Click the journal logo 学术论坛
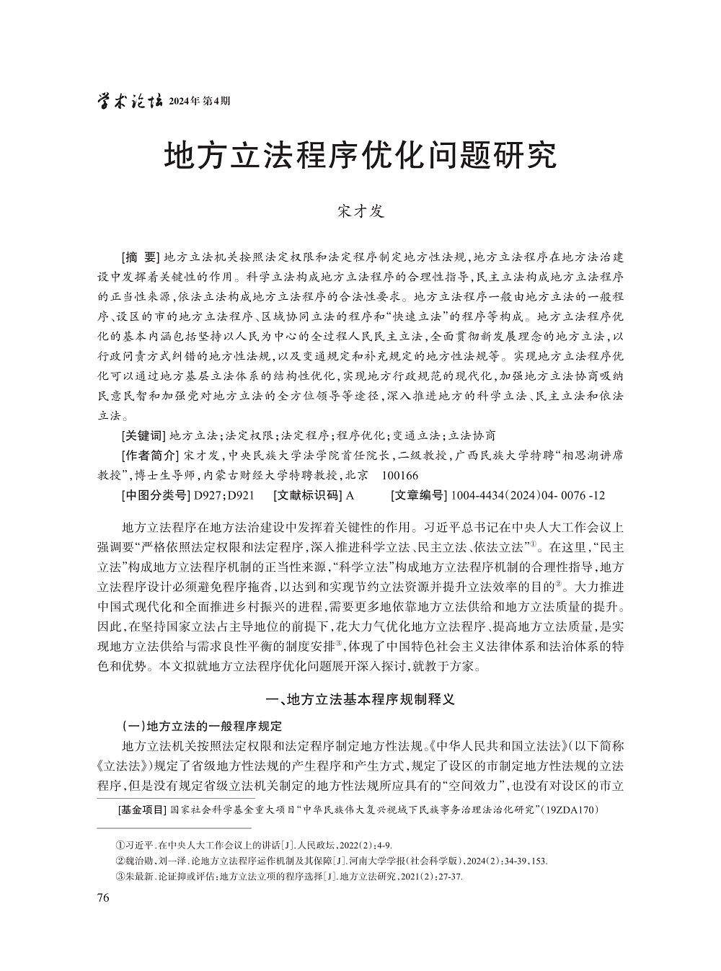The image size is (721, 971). pyautogui.click(x=129, y=100)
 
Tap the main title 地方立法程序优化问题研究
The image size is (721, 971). pyautogui.click(x=360, y=156)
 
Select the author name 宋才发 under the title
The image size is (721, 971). pyautogui.click(x=360, y=211)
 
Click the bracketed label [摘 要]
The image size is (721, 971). pyautogui.click(x=140, y=257)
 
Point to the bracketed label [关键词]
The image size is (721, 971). pyautogui.click(x=143, y=435)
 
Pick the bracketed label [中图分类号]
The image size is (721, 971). pyautogui.click(x=154, y=495)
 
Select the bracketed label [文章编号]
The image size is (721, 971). pyautogui.click(x=417, y=495)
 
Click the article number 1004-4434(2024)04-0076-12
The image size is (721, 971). pyautogui.click(x=527, y=496)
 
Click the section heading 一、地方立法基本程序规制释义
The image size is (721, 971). pyautogui.click(x=360, y=699)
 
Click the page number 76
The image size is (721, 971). pyautogui.click(x=102, y=897)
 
